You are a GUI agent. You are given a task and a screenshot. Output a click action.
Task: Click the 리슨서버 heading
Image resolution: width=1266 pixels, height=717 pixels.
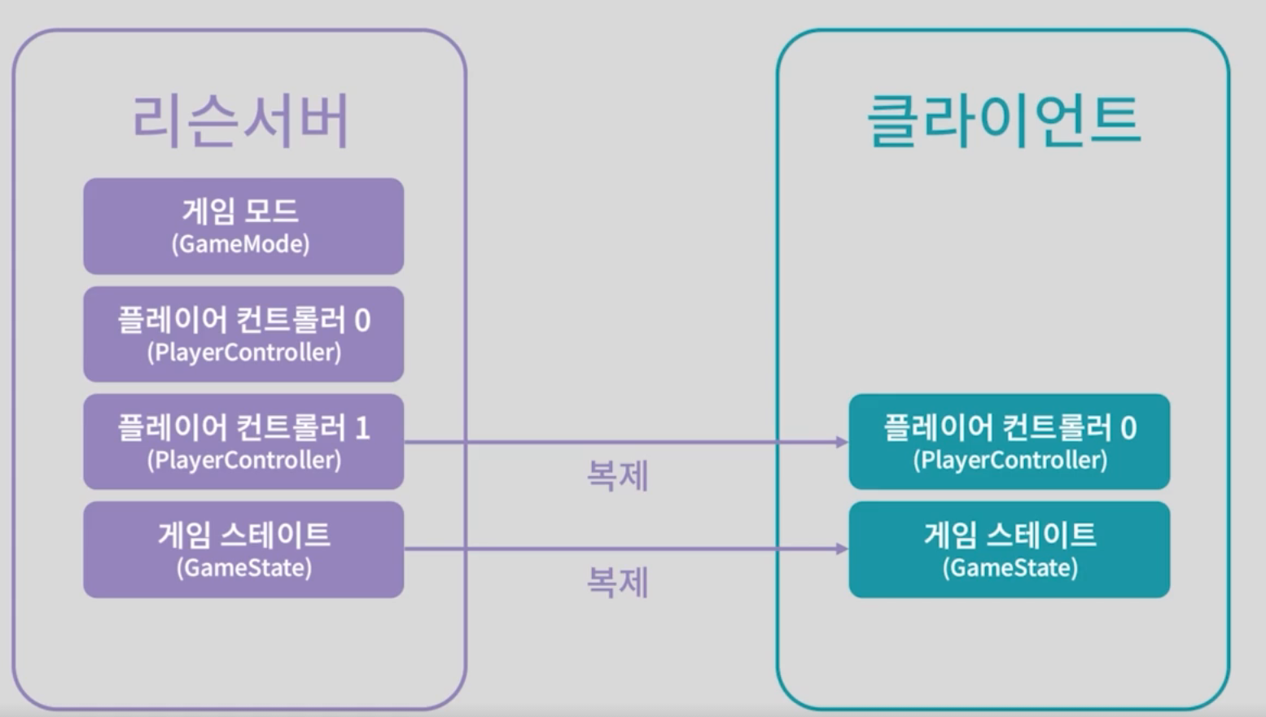[x=241, y=120]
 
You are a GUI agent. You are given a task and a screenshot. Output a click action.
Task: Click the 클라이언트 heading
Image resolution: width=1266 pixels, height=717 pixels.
[x=1004, y=120]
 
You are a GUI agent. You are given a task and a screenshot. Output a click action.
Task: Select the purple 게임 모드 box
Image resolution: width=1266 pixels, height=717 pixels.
[x=243, y=225]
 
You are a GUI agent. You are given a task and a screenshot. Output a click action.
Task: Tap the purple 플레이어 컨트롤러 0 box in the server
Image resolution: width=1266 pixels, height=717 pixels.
[x=243, y=334]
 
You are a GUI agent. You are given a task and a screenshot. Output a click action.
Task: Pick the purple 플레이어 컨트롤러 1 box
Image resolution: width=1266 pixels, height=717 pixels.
[x=243, y=441]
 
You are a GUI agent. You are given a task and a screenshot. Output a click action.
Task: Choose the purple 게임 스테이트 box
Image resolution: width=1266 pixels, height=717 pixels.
[x=243, y=549]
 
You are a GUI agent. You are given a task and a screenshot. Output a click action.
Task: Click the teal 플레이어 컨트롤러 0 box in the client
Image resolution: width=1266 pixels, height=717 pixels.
[x=1009, y=441]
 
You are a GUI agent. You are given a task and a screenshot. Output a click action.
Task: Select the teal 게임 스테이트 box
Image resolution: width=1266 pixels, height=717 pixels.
[x=1009, y=549]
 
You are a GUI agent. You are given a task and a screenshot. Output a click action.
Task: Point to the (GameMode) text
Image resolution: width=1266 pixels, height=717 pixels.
[x=240, y=243]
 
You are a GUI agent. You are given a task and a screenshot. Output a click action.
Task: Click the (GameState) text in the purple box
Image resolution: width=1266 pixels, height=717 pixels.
[x=244, y=567]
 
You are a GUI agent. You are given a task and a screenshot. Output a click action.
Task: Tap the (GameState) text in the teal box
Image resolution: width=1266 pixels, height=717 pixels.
[x=1010, y=567]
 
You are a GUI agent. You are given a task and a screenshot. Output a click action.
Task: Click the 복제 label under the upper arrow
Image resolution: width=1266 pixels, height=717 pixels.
[x=617, y=475]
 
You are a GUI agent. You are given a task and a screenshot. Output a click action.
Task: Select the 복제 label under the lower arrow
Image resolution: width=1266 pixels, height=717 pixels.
[x=617, y=583]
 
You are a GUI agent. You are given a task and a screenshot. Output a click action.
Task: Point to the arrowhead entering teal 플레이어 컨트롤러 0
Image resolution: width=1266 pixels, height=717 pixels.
[x=842, y=442]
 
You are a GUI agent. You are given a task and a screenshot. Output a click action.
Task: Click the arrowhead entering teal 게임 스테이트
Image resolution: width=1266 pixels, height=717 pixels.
[x=842, y=549]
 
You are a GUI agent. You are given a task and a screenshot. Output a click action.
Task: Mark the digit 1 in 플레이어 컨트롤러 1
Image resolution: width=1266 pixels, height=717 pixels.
[x=362, y=428]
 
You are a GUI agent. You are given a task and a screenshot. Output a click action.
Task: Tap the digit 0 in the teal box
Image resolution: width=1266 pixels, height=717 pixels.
[x=1128, y=428]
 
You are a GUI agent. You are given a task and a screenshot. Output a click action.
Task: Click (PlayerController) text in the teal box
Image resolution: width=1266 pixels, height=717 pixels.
[x=1010, y=460]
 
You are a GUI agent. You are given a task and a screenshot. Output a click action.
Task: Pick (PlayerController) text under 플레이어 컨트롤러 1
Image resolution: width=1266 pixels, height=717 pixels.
[x=244, y=460]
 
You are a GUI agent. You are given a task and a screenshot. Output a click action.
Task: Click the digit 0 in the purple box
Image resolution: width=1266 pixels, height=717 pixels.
[x=362, y=321]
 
